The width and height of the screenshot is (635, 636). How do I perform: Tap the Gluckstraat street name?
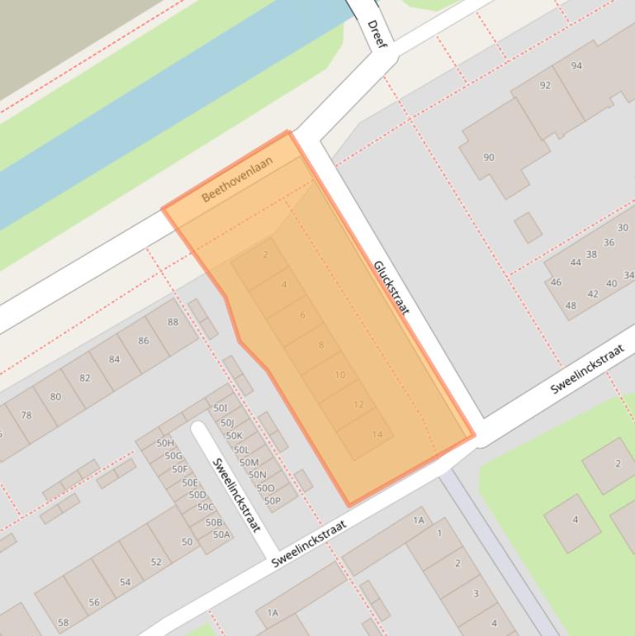(391, 287)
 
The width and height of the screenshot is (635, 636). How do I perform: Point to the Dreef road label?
(376, 33)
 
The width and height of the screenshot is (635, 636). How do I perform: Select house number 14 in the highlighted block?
(377, 434)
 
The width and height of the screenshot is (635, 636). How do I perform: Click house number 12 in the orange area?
(358, 405)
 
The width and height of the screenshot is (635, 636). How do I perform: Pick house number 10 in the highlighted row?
(339, 375)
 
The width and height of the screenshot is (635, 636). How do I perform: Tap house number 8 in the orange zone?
(321, 345)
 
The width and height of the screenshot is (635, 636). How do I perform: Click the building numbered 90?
(489, 158)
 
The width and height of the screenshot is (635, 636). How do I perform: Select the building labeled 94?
(576, 66)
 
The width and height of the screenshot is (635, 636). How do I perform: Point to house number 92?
(545, 85)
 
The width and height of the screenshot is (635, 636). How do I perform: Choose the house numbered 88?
(173, 322)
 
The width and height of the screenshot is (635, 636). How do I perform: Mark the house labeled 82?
(85, 377)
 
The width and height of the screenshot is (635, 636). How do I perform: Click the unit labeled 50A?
(221, 534)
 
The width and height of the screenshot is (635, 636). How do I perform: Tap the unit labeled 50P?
(272, 501)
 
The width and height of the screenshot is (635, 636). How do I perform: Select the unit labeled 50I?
(220, 408)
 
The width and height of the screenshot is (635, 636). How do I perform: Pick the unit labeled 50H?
(164, 444)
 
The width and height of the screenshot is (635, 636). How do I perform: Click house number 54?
(125, 582)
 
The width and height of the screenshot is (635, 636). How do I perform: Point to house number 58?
(64, 622)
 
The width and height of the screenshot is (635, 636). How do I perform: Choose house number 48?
(571, 306)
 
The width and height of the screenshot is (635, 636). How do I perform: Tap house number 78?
(26, 415)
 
